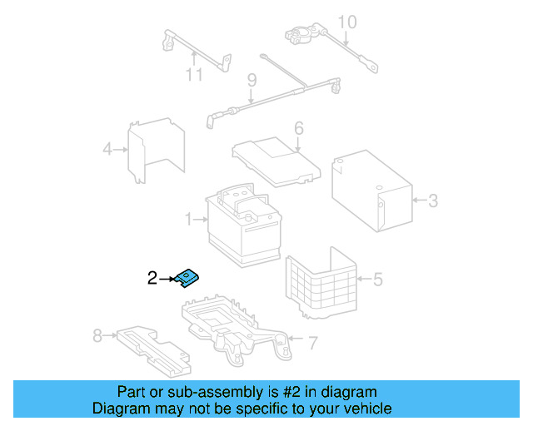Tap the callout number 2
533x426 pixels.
tap(152, 279)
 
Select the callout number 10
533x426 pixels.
tap(346, 22)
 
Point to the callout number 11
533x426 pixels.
tap(194, 75)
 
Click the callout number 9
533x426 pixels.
tap(250, 81)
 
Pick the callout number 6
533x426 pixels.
tap(298, 129)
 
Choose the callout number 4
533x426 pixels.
tap(107, 150)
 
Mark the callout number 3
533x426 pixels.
tap(432, 200)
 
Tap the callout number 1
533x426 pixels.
tap(189, 220)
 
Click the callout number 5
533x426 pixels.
tap(377, 279)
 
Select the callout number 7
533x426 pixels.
tap(312, 341)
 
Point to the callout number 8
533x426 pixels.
tap(97, 335)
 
